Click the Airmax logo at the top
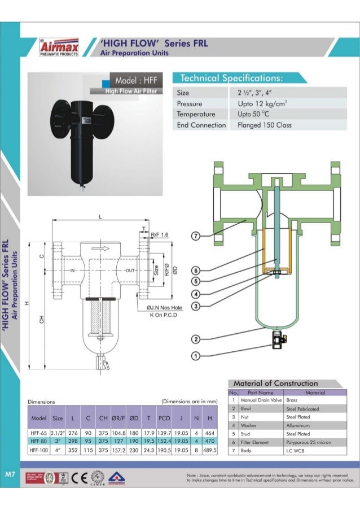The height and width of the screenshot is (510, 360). point(60,47)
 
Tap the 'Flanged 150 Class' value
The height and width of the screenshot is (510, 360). point(265,125)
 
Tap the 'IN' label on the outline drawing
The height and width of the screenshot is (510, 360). point(73,271)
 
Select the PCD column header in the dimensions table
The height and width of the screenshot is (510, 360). point(164,419)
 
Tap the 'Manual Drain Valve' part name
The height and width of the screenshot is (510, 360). point(261,399)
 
